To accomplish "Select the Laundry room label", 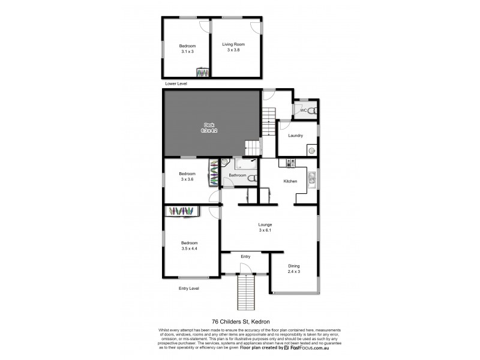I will click(295, 136).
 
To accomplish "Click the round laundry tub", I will click(311, 150).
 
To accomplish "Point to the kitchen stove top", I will click(292, 163).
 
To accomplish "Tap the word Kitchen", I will click(291, 181).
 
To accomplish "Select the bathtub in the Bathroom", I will click(246, 163).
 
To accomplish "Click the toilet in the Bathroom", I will click(254, 178).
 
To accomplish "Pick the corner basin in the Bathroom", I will click(224, 162).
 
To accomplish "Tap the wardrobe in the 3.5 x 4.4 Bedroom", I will click(182, 211).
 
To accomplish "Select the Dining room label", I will click(293, 266).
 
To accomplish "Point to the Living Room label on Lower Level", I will click(233, 44).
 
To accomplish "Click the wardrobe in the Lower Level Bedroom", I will click(204, 73).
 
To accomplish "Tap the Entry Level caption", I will click(189, 289).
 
